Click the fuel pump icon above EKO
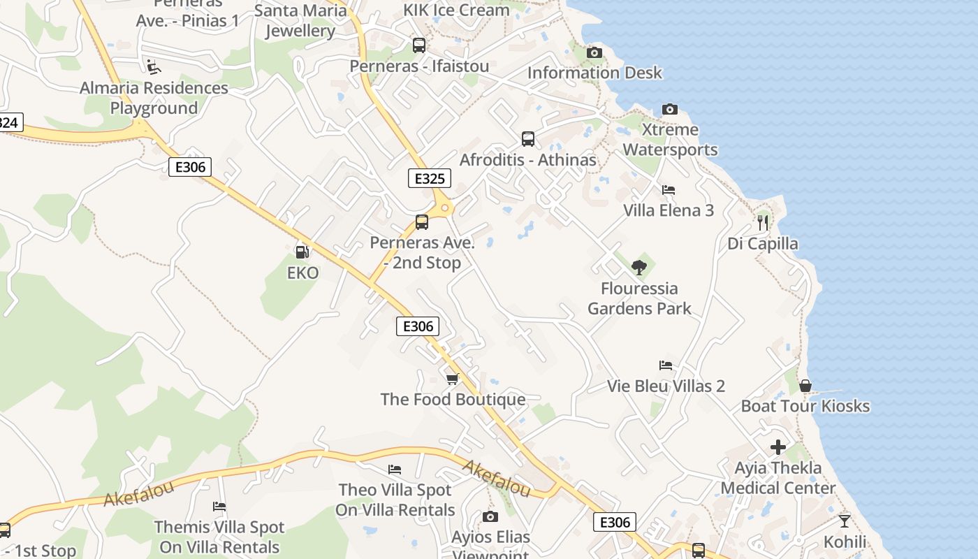(302, 252)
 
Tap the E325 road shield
(430, 178)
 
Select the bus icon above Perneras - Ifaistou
(419, 45)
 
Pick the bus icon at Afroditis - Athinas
(528, 139)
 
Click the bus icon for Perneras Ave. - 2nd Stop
(422, 222)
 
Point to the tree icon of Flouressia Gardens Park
(638, 267)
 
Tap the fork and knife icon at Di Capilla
(763, 223)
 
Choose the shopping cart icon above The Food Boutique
(453, 379)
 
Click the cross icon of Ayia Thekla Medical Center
(778, 447)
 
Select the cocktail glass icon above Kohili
(845, 521)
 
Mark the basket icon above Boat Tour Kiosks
(805, 385)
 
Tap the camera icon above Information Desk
(594, 52)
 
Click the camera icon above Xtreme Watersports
(670, 109)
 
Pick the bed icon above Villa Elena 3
(669, 190)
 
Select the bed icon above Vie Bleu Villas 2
(666, 365)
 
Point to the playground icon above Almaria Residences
(153, 67)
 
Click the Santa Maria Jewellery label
(300, 21)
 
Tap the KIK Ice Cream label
(456, 10)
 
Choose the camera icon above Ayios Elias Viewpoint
(490, 517)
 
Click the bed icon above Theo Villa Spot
(395, 470)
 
